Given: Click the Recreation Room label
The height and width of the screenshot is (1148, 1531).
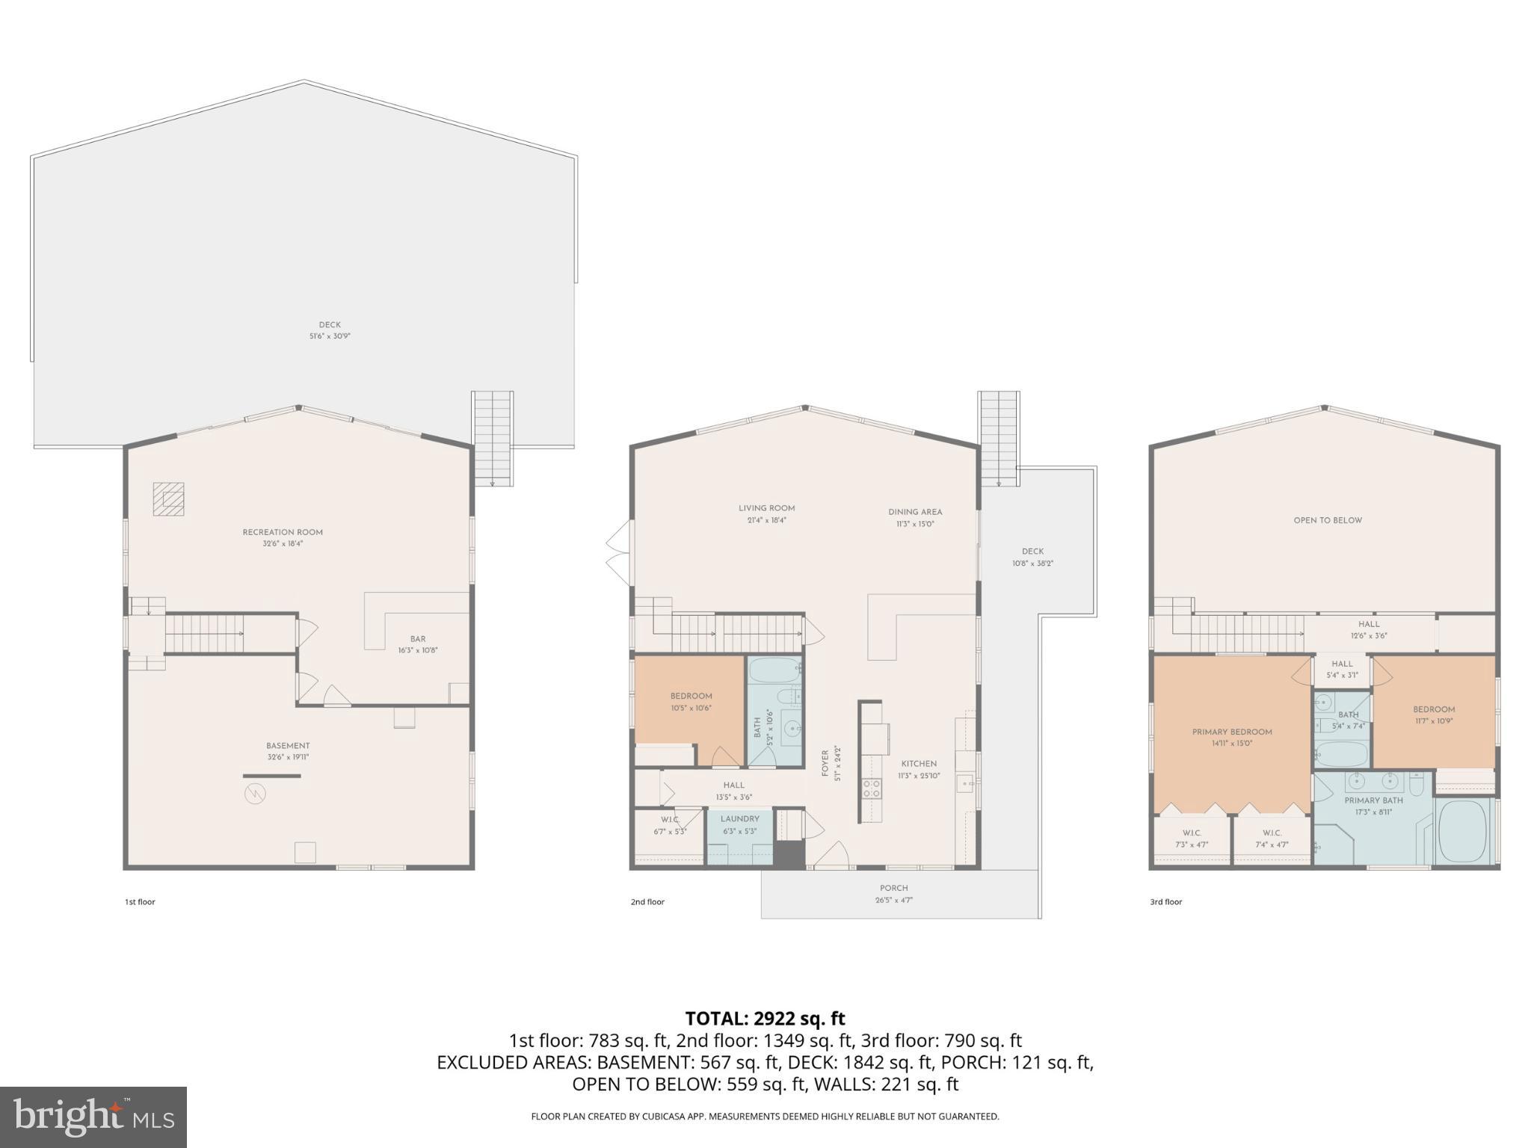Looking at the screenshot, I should pyautogui.click(x=283, y=532).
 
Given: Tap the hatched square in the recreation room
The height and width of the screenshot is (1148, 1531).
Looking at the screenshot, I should pyautogui.click(x=168, y=499).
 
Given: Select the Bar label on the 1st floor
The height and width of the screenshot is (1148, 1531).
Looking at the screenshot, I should pyautogui.click(x=417, y=639).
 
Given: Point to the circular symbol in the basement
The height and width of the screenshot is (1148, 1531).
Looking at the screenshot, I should pyautogui.click(x=255, y=793).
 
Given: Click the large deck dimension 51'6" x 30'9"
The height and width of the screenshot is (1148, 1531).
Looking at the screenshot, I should pyautogui.click(x=330, y=336).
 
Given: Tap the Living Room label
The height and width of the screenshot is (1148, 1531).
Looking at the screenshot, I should pyautogui.click(x=766, y=508).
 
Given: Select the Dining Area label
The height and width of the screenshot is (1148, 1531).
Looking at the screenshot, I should pyautogui.click(x=915, y=512).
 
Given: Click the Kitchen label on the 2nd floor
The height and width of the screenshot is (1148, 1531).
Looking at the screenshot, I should pyautogui.click(x=919, y=764).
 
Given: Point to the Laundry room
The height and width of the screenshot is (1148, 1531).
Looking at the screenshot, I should pyautogui.click(x=739, y=830).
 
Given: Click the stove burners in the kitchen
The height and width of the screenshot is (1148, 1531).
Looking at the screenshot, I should pyautogui.click(x=872, y=788).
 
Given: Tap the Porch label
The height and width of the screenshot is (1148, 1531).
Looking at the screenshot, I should pyautogui.click(x=893, y=888).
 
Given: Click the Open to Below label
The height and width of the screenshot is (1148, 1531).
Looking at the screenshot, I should pyautogui.click(x=1328, y=520).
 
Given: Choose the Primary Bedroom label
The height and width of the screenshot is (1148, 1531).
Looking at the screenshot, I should pyautogui.click(x=1232, y=732).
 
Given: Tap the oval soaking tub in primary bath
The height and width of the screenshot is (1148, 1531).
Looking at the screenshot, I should pyautogui.click(x=1463, y=833).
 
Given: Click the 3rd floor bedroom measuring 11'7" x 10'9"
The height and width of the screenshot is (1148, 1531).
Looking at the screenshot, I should pyautogui.click(x=1433, y=715).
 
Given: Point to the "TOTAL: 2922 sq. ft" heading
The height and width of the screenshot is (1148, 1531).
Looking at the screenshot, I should pyautogui.click(x=765, y=1018).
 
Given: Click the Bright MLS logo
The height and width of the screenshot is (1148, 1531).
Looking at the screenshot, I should pyautogui.click(x=93, y=1117).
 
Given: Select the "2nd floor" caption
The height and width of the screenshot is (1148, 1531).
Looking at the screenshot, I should pyautogui.click(x=647, y=902).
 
